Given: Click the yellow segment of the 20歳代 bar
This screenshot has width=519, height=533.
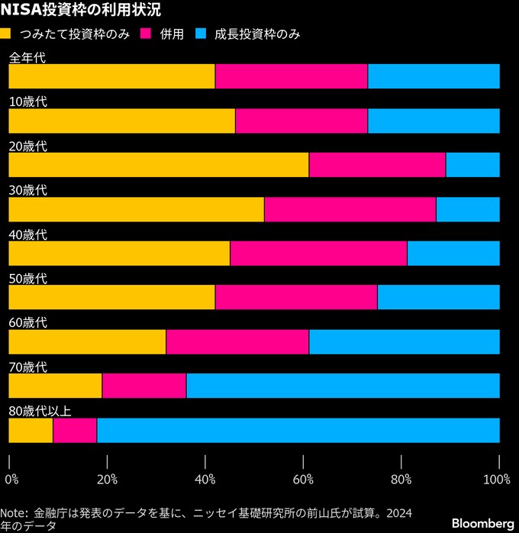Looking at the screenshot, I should click(x=158, y=165).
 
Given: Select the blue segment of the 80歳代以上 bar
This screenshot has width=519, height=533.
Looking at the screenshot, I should click(x=298, y=431).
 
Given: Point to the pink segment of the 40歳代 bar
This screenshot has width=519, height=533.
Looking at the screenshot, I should click(x=318, y=254).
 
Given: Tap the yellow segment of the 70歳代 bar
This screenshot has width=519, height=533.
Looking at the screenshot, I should click(x=55, y=386).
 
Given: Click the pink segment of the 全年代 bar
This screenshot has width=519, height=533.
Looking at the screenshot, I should click(x=291, y=76).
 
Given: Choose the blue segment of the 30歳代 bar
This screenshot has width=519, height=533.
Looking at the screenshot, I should click(x=467, y=209).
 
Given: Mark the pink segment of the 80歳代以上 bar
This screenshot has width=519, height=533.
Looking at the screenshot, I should click(x=75, y=431).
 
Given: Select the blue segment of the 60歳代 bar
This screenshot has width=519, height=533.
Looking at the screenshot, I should click(x=404, y=342).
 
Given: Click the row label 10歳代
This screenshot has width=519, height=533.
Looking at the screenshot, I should click(x=27, y=102).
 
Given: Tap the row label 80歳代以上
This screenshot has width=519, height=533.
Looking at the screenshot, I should click(x=40, y=412).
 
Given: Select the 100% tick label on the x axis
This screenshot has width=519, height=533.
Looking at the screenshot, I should click(x=496, y=480).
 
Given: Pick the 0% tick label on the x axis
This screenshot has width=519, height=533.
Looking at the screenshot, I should click(x=11, y=480).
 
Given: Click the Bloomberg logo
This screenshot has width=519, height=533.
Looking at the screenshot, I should click(x=482, y=523).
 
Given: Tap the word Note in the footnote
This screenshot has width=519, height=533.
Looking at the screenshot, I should click(x=13, y=513).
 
